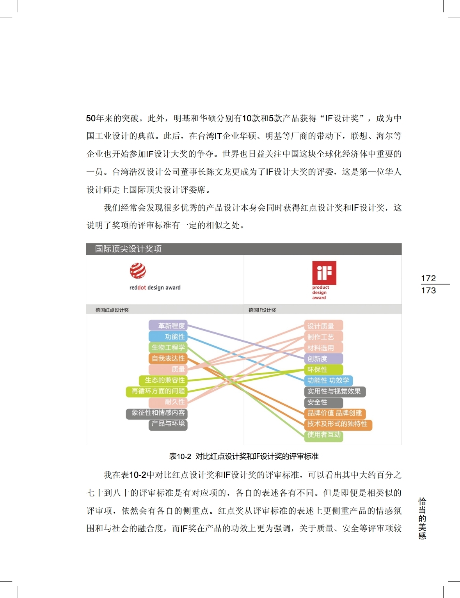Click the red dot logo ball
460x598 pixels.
138,271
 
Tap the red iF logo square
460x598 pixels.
324,273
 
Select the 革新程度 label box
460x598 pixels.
168,326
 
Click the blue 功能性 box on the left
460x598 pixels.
168,337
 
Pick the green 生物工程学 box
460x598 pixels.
168,348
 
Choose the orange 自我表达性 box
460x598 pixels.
168,358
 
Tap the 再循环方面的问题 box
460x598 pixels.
157,391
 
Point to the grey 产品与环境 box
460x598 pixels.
168,424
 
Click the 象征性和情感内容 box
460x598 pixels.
157,413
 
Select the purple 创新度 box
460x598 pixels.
323,359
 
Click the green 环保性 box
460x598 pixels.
323,370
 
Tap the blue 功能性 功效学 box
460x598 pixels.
328,380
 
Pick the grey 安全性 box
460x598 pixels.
323,402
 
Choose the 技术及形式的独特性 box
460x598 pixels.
337,424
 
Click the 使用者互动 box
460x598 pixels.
323,435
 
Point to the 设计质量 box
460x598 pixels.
323,326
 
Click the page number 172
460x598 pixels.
428,278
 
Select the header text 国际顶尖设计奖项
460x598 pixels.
128,249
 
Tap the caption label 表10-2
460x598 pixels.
180,456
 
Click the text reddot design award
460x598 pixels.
155,288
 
